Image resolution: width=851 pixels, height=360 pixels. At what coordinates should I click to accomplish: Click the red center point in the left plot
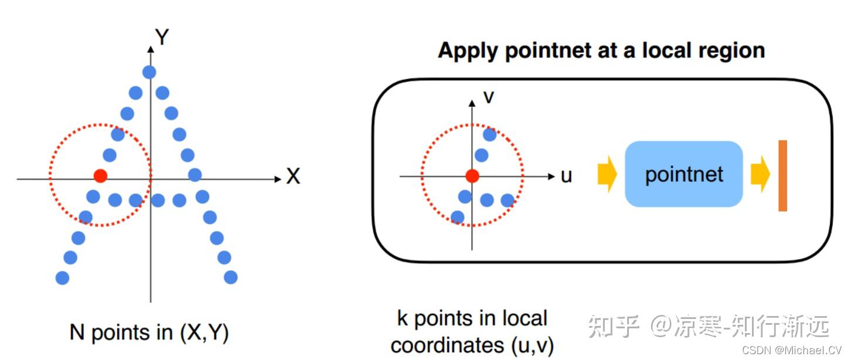pyautogui.click(x=100, y=175)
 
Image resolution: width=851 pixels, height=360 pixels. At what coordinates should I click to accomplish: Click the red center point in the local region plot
pyautogui.click(x=472, y=175)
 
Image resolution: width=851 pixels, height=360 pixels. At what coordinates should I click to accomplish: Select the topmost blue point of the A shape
pyautogui.click(x=149, y=72)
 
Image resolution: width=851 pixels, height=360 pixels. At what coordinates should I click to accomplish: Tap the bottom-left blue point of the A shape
pyautogui.click(x=62, y=277)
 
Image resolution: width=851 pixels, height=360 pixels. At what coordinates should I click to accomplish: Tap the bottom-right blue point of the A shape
pyautogui.click(x=231, y=277)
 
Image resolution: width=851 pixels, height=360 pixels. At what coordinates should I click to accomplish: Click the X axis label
pyautogui.click(x=293, y=176)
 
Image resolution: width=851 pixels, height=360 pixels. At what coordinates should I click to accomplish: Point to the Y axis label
pyautogui.click(x=162, y=38)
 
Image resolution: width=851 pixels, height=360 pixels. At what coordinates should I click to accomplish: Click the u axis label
pyautogui.click(x=566, y=175)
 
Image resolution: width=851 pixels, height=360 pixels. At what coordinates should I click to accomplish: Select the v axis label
pyautogui.click(x=488, y=96)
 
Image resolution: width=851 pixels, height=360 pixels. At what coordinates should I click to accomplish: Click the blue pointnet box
pyautogui.click(x=684, y=174)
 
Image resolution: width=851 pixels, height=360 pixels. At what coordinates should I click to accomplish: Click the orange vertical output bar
pyautogui.click(x=782, y=175)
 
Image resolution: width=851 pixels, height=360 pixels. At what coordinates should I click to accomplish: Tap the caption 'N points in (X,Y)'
pyautogui.click(x=149, y=333)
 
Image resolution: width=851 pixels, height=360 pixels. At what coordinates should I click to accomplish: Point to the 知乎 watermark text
pyautogui.click(x=613, y=326)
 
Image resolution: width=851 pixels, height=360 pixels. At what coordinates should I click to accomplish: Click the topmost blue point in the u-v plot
pyautogui.click(x=489, y=134)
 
